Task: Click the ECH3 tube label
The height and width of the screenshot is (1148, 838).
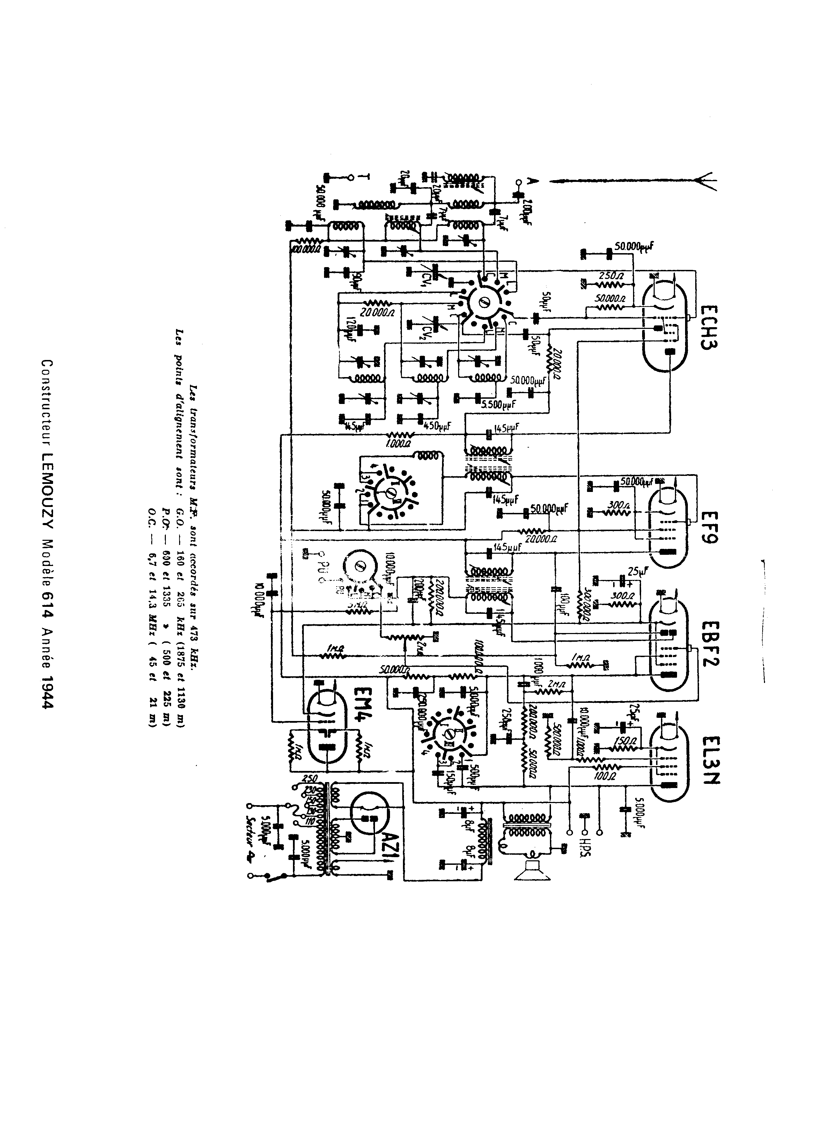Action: coord(708,326)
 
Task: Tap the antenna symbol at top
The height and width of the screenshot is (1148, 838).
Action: coord(705,181)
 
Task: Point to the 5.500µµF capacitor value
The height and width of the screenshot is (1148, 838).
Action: coord(498,404)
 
